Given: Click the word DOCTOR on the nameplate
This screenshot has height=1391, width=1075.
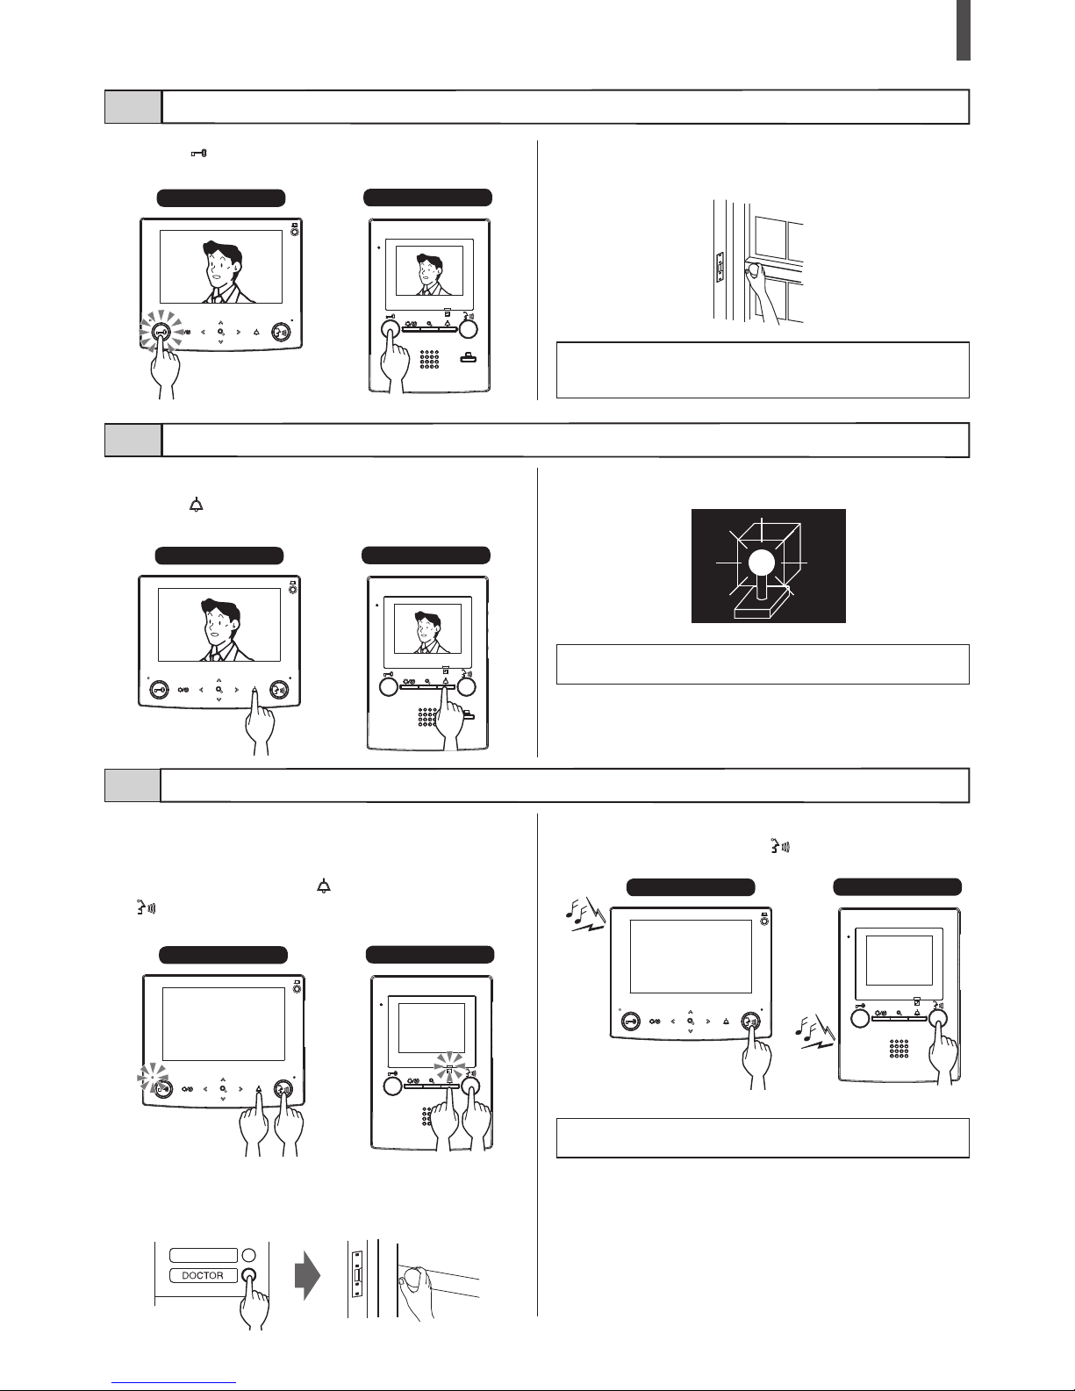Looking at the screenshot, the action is point(203,1275).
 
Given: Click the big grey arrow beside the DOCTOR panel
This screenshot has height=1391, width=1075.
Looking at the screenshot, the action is point(307,1276).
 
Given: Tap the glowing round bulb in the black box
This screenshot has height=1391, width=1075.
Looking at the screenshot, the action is point(762,563).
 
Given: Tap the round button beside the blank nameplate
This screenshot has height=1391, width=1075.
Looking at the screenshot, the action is point(249,1255).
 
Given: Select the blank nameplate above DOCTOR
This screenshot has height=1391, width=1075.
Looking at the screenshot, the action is point(204,1255).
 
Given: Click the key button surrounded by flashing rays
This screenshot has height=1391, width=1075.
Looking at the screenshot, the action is point(161,332).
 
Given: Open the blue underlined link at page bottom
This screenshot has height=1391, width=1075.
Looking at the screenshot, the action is point(174,1380).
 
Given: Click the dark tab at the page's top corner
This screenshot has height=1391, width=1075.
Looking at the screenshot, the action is point(964,30).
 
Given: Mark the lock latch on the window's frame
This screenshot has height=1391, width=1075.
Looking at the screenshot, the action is point(720,268).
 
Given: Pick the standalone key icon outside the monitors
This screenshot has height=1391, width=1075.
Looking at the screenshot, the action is point(199,154).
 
